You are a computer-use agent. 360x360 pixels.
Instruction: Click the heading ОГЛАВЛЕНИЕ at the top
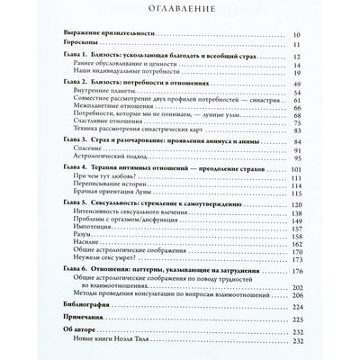pos(180,13)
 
